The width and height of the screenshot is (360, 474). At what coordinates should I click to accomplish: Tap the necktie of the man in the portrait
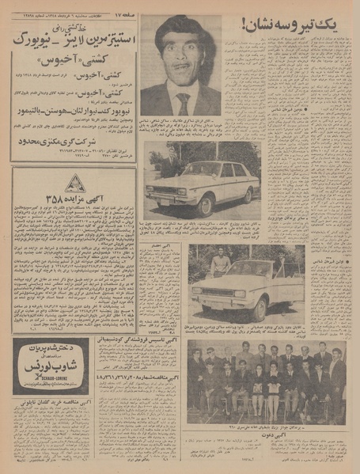(184, 101)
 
